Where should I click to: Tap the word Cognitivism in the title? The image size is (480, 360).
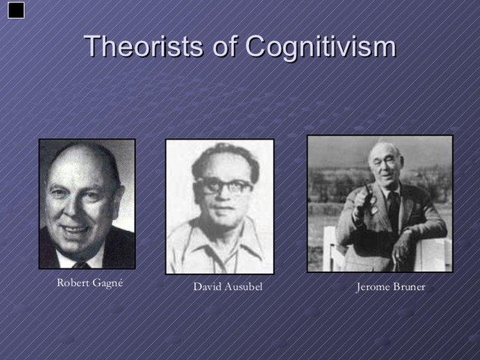(320, 46)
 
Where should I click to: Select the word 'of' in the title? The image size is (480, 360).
(223, 46)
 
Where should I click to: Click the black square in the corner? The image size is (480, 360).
(16, 10)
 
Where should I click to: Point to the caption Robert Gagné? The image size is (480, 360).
(90, 283)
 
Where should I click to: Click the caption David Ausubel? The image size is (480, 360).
(228, 287)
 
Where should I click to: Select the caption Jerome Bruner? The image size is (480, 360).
(390, 287)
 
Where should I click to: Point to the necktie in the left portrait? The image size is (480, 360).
(82, 265)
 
